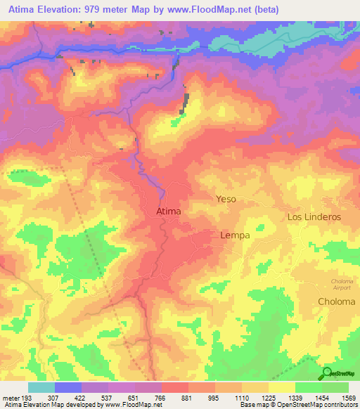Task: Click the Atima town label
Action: click(168, 211)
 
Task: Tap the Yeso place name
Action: click(226, 200)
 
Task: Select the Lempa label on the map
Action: click(235, 235)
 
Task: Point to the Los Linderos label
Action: click(314, 217)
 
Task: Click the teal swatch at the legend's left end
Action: click(41, 387)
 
